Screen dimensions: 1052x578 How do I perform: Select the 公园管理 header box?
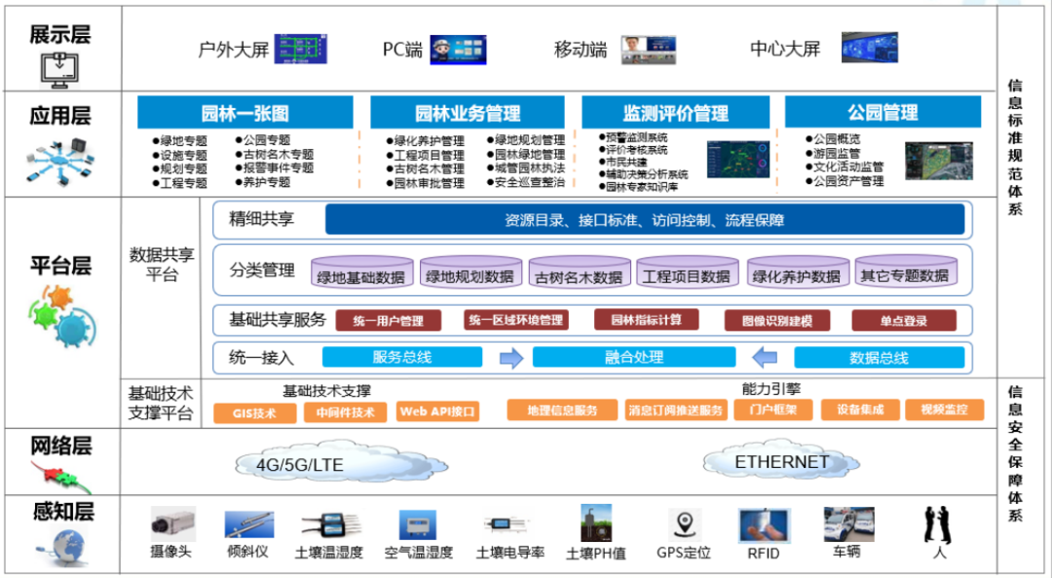pos(882,113)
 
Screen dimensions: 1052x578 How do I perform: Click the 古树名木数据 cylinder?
pos(578,275)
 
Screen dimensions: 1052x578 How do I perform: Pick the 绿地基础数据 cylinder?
pos(360,275)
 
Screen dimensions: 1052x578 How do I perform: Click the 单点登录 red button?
pos(903,321)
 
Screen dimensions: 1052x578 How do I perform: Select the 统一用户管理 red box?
pos(388,321)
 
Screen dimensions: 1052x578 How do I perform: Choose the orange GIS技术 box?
pos(253,412)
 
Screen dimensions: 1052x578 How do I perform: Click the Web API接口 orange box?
pos(438,412)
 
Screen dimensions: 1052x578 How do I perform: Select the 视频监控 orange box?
pos(944,410)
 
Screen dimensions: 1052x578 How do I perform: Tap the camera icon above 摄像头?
pos(172,524)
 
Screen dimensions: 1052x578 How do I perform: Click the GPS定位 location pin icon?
pos(689,523)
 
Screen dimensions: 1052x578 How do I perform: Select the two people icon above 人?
pos(937,524)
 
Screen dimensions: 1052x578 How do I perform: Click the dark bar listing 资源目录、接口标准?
pos(644,220)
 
